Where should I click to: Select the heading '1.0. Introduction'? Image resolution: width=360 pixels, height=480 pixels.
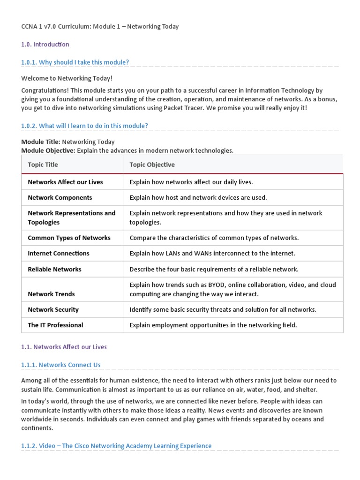tap(45, 45)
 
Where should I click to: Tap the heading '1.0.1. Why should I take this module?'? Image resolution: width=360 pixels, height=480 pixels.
tap(75, 62)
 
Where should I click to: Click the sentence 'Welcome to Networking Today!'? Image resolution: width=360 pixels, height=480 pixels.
tap(67, 78)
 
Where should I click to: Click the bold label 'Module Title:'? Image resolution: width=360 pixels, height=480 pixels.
tap(40, 142)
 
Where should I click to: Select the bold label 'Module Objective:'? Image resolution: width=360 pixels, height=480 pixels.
tap(48, 150)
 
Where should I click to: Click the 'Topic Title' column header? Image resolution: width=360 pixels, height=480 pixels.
tap(43, 165)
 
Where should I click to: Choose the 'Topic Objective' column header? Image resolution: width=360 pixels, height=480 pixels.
tap(152, 165)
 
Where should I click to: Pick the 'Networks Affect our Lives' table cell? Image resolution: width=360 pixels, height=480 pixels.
tap(65, 182)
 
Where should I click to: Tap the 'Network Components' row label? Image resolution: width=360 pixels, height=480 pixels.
tap(60, 197)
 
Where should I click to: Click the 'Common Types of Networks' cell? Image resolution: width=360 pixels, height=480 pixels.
tap(69, 238)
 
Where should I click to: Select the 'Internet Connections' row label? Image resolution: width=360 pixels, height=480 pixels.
tap(58, 253)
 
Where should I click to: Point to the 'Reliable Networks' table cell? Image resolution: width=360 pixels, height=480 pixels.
tap(54, 269)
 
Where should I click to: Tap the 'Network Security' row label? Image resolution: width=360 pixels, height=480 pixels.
tap(53, 309)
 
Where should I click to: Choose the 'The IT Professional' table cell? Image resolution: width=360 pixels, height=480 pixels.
tap(55, 325)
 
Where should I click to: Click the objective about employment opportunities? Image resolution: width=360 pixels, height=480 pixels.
tap(213, 325)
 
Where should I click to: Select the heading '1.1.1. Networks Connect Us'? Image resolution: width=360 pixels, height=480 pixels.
tap(61, 365)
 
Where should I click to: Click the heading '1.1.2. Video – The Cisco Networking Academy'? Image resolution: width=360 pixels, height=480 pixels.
tap(116, 446)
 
